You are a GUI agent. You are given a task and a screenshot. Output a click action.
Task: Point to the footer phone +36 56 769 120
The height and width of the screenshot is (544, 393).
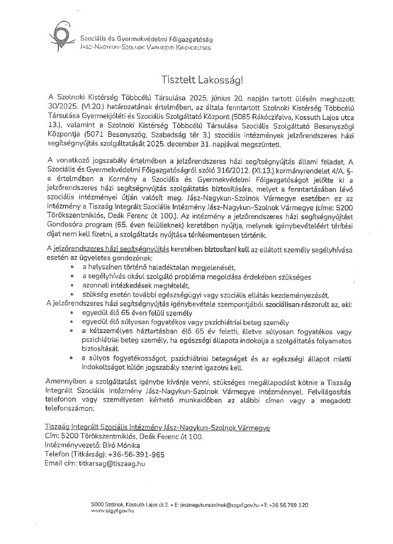point(291,504)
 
